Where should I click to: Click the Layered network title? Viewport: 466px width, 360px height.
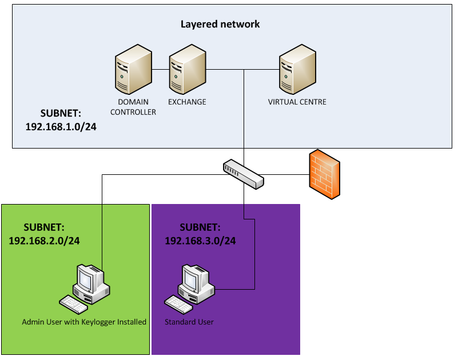(220, 24)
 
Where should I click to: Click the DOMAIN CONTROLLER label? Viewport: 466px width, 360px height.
(133, 107)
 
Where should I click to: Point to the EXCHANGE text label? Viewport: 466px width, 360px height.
(187, 102)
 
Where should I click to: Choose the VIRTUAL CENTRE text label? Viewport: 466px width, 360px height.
(297, 102)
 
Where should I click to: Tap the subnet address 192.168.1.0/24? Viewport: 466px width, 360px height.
(61, 127)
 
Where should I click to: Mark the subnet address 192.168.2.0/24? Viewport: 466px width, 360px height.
(44, 241)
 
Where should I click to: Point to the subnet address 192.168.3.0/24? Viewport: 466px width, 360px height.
(200, 241)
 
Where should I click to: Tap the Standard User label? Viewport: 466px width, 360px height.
(189, 322)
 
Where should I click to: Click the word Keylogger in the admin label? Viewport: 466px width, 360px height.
(95, 322)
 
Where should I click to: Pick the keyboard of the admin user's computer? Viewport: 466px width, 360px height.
(73, 303)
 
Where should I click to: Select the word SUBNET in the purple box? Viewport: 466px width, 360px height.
(199, 227)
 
